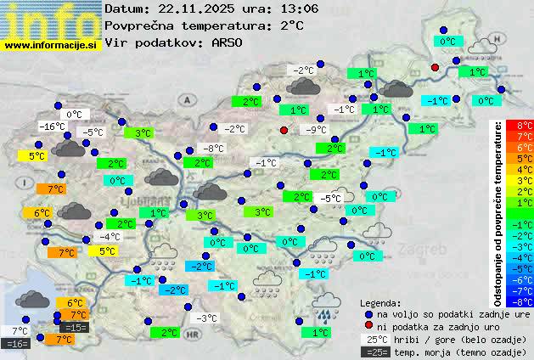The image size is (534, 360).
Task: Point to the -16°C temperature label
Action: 53,127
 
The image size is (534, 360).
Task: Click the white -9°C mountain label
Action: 316,130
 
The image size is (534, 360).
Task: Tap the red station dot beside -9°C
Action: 284,130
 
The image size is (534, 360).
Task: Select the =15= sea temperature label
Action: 75,327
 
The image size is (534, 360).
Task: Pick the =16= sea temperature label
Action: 16,343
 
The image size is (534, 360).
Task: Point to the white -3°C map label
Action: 207,318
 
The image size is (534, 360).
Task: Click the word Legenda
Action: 381,303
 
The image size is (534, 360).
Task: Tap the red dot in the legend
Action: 368,326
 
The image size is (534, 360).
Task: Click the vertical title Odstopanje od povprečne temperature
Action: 497,212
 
